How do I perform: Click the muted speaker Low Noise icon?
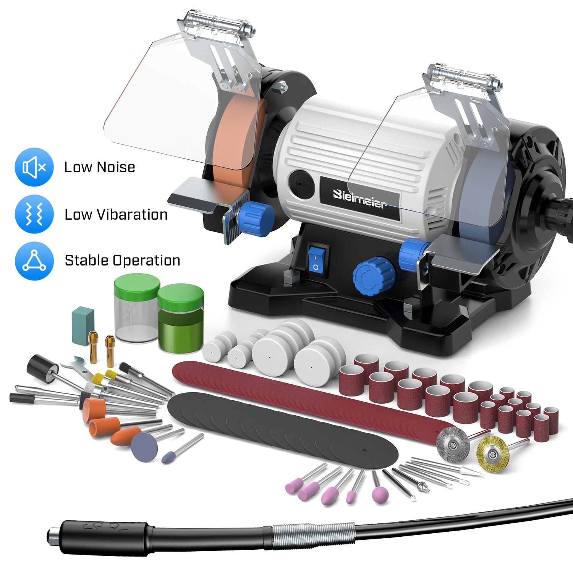[x=34, y=167]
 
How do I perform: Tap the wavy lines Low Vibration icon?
[x=34, y=214]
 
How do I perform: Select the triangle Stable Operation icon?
[x=34, y=261]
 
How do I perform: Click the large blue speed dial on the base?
[x=374, y=276]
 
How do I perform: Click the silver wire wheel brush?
[x=453, y=443]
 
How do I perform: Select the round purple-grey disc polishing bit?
[x=145, y=447]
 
